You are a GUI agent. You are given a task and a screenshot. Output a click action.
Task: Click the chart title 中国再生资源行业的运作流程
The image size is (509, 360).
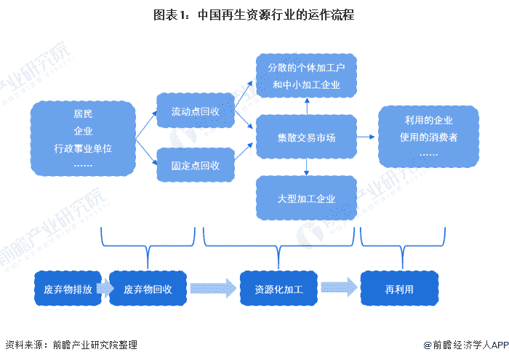[x=276, y=15]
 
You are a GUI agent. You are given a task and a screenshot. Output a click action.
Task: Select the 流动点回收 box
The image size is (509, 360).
[x=196, y=111]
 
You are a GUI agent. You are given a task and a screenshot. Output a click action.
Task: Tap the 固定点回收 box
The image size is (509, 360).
[x=196, y=165]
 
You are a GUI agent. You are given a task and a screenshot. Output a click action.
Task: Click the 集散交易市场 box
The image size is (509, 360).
[x=306, y=137]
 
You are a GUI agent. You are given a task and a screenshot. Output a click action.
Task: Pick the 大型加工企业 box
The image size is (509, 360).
[x=306, y=198]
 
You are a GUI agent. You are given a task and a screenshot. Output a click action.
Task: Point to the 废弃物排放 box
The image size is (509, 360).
[x=68, y=289]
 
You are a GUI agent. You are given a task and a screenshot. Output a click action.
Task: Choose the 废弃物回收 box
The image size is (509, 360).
[x=148, y=289]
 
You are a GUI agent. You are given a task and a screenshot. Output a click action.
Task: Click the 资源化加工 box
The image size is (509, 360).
[x=278, y=289]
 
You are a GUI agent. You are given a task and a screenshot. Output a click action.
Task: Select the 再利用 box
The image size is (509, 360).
[x=400, y=289]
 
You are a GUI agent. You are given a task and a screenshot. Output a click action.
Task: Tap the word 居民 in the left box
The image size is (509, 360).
[x=83, y=114]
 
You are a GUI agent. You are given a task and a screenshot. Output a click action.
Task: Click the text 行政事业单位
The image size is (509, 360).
[x=83, y=148]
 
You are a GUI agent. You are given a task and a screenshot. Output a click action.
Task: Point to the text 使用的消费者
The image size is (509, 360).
[x=428, y=137]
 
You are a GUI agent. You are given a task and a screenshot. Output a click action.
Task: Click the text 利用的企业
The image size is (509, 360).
[x=428, y=121]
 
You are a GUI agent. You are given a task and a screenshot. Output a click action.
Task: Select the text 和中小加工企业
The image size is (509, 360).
[x=306, y=84]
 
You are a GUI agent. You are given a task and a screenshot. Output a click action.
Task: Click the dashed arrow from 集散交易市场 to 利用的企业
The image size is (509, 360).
[x=366, y=137]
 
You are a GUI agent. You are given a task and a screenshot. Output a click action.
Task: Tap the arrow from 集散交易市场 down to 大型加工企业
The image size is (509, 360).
[x=306, y=167]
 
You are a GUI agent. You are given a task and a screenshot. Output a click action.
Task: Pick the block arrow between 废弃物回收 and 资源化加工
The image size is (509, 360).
[x=213, y=288]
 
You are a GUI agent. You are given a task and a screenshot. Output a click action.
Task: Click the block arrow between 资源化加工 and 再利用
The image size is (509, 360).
[x=340, y=287]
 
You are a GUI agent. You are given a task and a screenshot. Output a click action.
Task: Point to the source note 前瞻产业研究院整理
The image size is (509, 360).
[x=95, y=345]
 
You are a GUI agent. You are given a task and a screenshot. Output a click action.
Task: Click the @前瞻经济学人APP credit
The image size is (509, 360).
[x=466, y=345]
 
